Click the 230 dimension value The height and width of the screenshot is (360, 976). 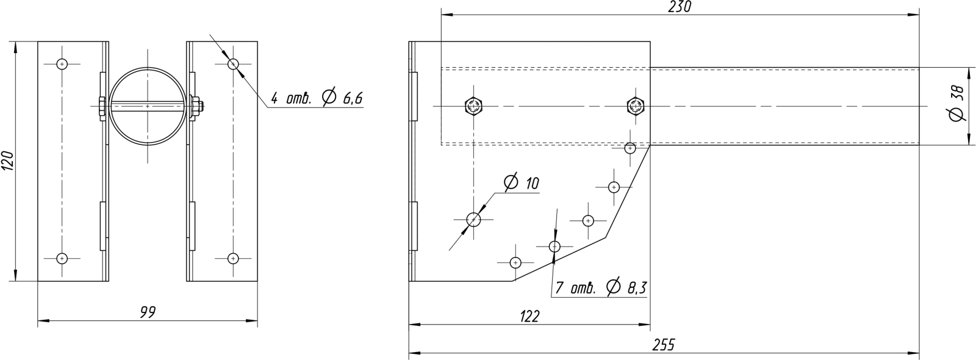point(680,7)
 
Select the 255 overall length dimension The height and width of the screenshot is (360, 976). point(663,345)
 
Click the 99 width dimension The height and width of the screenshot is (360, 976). point(147,312)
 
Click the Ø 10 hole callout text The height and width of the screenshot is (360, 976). point(522,182)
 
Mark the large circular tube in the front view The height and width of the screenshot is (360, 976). point(147,106)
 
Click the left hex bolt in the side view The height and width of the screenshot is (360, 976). point(474,106)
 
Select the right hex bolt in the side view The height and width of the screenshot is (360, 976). point(634,106)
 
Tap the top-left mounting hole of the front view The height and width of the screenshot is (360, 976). point(62,63)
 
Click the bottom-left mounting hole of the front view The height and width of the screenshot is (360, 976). point(62,258)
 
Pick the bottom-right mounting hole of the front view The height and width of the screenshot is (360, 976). point(232,258)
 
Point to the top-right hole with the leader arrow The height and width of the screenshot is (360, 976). point(232,63)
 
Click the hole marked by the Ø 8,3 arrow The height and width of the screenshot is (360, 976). point(554,247)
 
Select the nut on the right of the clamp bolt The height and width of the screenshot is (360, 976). point(198,106)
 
